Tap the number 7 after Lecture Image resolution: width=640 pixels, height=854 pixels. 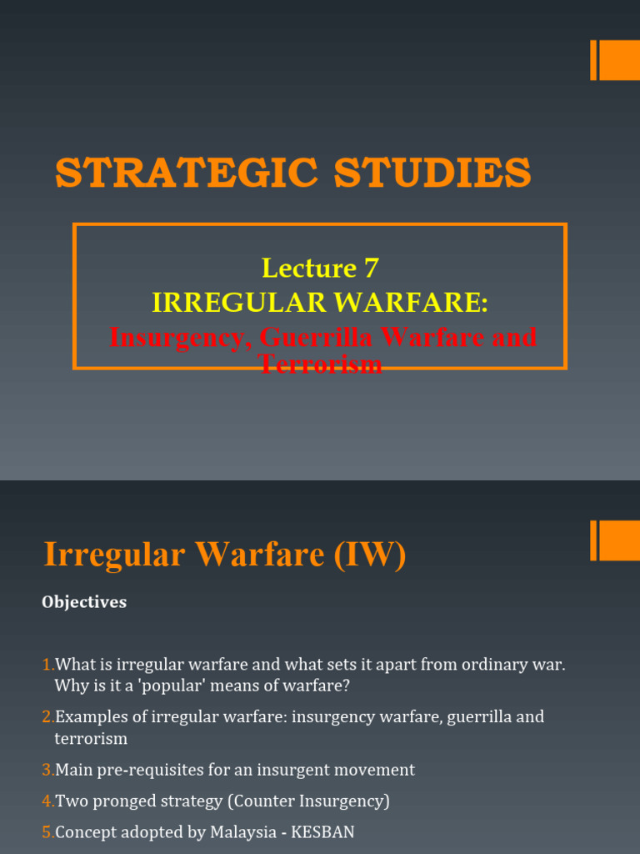[371, 268]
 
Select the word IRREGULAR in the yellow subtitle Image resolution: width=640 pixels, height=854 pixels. [217, 303]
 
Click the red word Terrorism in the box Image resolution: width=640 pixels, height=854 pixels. [320, 364]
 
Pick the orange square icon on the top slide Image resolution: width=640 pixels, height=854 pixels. [619, 60]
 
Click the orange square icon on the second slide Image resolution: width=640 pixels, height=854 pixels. [619, 540]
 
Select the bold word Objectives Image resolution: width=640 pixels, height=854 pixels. [84, 602]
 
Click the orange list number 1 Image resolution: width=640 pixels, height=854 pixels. [47, 665]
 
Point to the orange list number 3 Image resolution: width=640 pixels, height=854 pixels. [47, 770]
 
